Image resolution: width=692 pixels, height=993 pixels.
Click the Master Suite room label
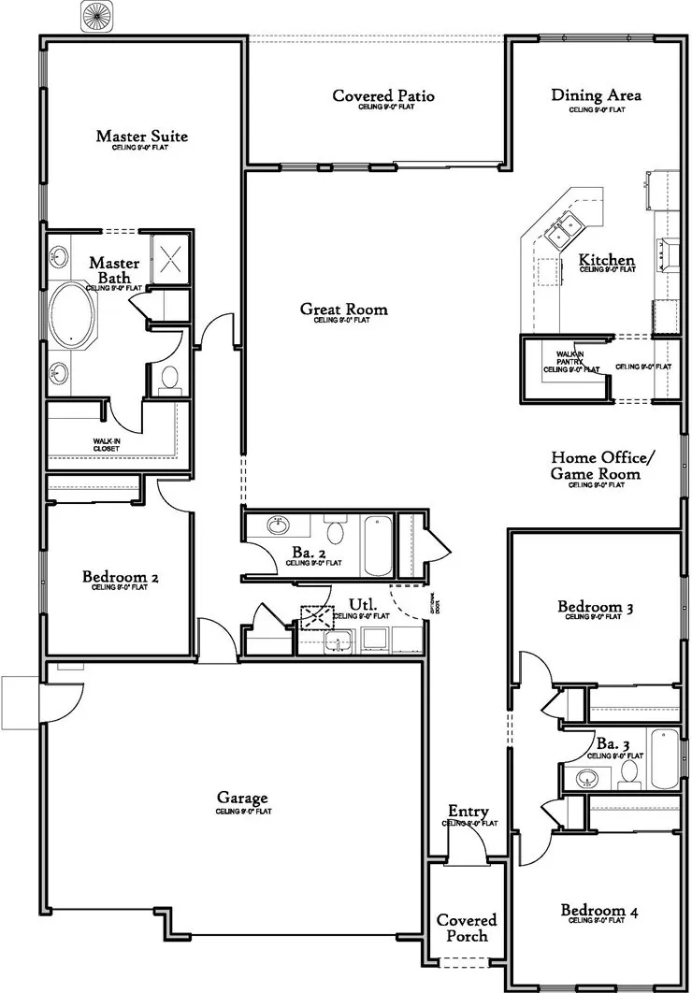[141, 137]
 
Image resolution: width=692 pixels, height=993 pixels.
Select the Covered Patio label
[383, 96]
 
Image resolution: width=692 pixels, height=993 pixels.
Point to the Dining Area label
[596, 95]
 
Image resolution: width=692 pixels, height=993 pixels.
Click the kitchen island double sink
[568, 226]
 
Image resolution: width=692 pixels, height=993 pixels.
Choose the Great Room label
[343, 309]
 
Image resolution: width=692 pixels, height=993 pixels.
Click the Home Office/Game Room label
[603, 466]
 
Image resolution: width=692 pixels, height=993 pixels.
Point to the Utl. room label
[362, 605]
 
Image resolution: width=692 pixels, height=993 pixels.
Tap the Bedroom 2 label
[120, 577]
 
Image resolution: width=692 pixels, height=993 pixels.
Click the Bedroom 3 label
[596, 609]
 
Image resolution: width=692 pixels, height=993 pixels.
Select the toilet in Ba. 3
[629, 771]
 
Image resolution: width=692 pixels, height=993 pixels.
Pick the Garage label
[243, 799]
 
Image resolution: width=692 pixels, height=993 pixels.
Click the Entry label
[469, 812]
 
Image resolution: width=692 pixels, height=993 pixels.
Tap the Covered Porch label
[467, 928]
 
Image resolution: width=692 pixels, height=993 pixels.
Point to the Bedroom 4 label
[599, 911]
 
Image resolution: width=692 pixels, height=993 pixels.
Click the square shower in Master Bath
[170, 255]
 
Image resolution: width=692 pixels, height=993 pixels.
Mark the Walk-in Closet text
[105, 444]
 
